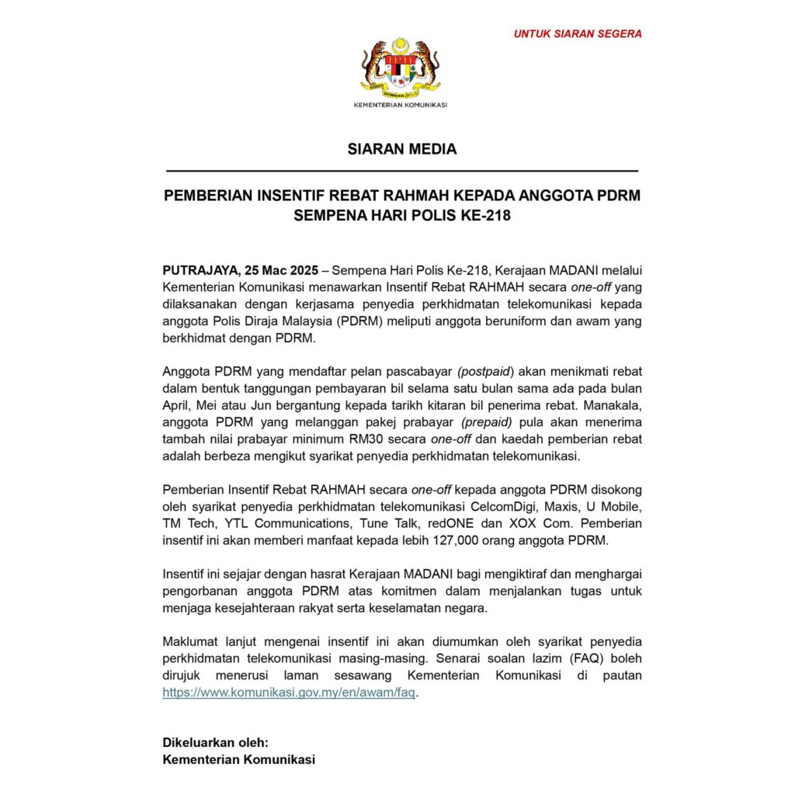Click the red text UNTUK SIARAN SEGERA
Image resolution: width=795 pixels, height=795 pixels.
click(x=578, y=34)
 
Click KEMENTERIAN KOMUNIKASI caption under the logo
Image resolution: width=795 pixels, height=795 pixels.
click(x=401, y=105)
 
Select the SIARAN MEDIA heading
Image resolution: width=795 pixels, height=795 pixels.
click(x=401, y=149)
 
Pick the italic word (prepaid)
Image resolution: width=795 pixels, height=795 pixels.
click(x=487, y=422)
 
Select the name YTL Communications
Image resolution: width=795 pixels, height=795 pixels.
click(x=266, y=523)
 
